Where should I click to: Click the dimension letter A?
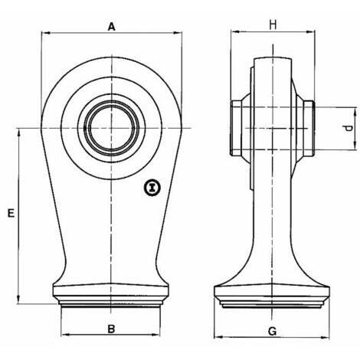click(112, 27)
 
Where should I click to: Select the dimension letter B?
click(111, 329)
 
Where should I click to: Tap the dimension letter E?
click(11, 213)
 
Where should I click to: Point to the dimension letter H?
click(273, 25)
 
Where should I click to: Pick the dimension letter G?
click(273, 332)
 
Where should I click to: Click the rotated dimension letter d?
click(348, 128)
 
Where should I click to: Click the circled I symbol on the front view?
click(152, 188)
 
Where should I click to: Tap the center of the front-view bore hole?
click(111, 128)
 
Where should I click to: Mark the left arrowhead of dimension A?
click(45, 33)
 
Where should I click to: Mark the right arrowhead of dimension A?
click(178, 33)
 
